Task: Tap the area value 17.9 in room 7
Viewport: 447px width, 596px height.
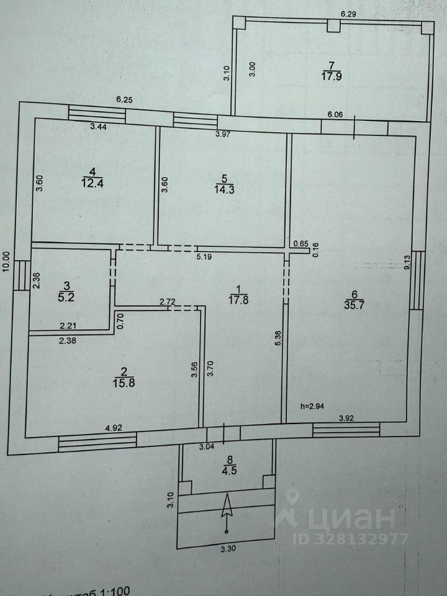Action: pyautogui.click(x=331, y=76)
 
